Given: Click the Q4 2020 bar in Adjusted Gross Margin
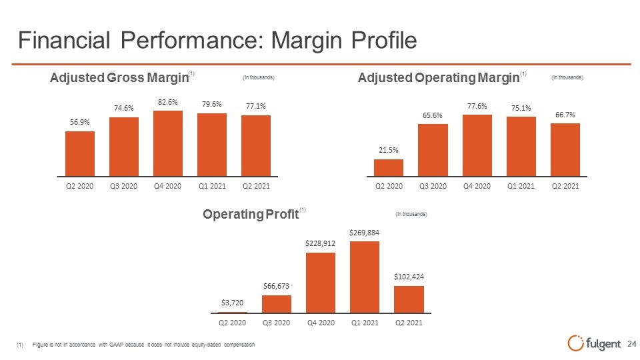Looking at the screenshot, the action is (x=168, y=143).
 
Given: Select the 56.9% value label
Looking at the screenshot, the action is (x=80, y=122).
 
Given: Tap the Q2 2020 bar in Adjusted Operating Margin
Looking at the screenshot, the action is (x=389, y=168).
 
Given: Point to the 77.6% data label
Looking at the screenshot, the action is (x=477, y=106).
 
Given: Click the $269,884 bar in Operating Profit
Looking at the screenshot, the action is (x=365, y=277).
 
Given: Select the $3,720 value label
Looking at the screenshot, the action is (x=232, y=303).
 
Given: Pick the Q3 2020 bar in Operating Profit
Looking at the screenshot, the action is (x=277, y=304).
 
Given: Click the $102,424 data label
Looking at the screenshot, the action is (x=409, y=277).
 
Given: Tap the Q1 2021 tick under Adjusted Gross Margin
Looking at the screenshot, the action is (x=212, y=186).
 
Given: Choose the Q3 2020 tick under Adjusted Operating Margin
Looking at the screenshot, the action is (x=433, y=186).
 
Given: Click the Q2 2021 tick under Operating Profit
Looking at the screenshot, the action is (x=409, y=323).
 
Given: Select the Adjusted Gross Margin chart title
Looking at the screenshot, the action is (x=119, y=77).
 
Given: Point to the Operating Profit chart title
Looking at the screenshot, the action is (x=251, y=214).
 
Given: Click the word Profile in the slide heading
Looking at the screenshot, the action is (x=384, y=41).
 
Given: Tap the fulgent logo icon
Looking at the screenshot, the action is (x=575, y=343).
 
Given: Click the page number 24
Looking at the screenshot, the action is (x=632, y=344).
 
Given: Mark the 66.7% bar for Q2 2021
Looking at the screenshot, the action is (x=565, y=150).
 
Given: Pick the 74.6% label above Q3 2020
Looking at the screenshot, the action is (x=124, y=108).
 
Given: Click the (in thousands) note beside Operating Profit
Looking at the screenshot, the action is (x=411, y=214).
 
